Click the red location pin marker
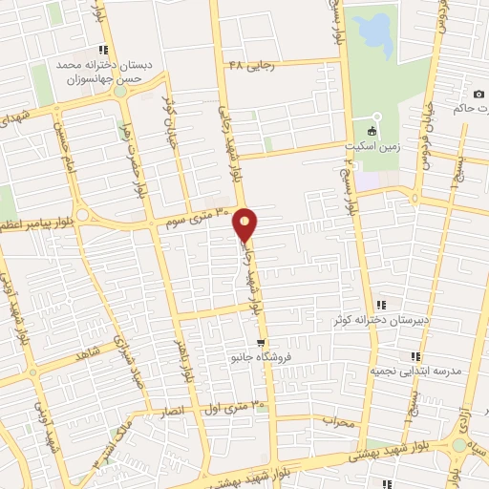coord(245,224)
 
